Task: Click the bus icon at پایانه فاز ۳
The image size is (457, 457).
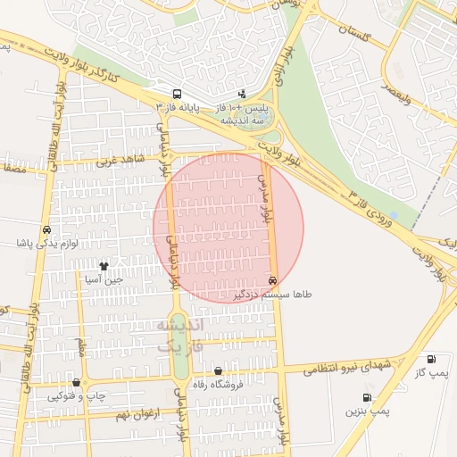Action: point(177,93)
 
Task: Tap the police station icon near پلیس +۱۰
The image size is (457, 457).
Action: point(242,94)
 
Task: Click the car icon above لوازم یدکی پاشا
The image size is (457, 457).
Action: point(46,229)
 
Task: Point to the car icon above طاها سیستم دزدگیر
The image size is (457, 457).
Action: point(272,280)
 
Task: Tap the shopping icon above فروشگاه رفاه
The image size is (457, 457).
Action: point(218,370)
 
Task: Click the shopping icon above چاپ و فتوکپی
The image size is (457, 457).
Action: point(76,383)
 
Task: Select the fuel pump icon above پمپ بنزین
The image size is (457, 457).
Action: point(367,398)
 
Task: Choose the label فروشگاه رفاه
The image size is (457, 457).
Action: point(219,385)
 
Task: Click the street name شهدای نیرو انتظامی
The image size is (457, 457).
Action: point(346,367)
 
